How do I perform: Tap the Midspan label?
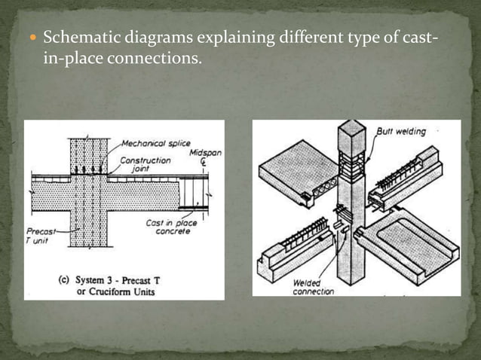200,153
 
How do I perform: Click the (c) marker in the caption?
65,279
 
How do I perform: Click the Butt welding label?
400,132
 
